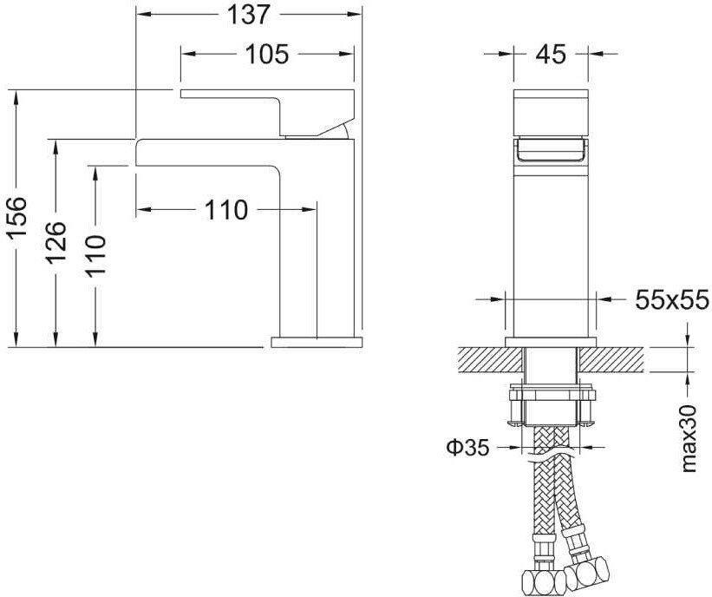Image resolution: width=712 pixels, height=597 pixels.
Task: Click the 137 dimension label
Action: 249,15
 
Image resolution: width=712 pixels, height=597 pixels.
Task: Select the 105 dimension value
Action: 266,55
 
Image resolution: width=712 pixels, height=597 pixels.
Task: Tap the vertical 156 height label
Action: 17,218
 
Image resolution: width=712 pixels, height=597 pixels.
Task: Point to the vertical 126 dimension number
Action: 56,243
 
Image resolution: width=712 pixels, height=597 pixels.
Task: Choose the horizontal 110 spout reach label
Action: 226,210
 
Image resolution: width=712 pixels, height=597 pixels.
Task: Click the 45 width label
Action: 551,55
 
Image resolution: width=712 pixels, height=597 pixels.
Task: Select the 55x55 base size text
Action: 672,300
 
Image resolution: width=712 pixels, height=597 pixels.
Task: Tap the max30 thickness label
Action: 689,438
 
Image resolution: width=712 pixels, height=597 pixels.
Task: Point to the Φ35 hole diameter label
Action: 468,448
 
